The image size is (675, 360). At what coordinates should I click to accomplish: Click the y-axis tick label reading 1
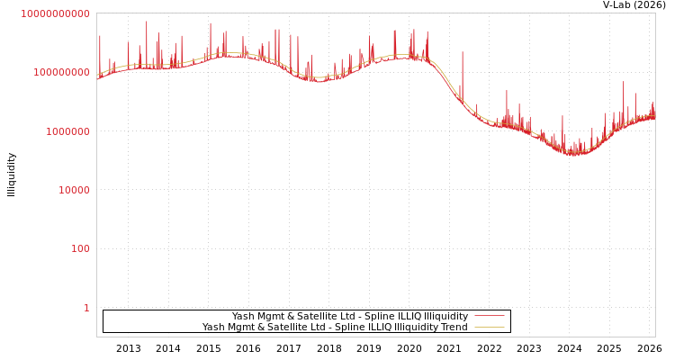click(x=86, y=308)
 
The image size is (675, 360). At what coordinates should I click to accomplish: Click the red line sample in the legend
click(x=489, y=316)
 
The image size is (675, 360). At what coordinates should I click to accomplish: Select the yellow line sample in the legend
click(x=489, y=328)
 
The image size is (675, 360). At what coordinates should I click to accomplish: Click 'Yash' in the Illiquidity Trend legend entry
click(x=213, y=328)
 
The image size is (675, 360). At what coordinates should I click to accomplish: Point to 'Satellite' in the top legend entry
click(x=318, y=316)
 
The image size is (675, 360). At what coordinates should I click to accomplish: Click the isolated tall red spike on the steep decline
click(x=463, y=54)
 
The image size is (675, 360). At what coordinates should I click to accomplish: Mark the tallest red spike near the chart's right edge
click(x=623, y=85)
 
